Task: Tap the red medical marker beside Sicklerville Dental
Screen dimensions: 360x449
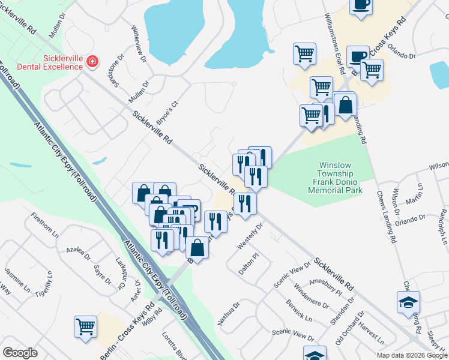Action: (x=92, y=62)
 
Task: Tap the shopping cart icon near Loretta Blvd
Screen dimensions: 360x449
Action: (x=86, y=327)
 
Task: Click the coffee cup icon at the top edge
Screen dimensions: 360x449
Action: (x=361, y=6)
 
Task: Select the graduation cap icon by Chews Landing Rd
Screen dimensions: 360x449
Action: (x=408, y=302)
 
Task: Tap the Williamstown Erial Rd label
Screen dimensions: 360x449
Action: (x=334, y=44)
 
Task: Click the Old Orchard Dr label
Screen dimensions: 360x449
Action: (x=349, y=326)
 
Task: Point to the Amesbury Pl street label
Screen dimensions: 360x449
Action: (x=325, y=287)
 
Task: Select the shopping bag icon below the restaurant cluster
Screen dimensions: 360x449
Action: (x=197, y=247)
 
